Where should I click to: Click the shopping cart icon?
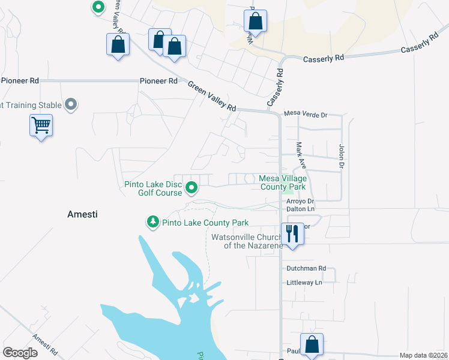pos(41,126)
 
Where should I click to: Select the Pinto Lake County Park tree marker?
pos(153,223)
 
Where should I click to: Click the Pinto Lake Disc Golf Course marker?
pos(191,188)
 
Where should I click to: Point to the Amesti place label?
pos(82,214)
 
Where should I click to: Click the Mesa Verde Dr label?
pos(305,114)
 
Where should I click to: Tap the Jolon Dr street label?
pos(342,155)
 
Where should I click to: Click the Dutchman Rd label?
pos(306,268)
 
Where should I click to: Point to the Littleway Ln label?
pos(304,282)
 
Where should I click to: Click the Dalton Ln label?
pos(301,209)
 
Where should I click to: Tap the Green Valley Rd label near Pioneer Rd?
pos(212,96)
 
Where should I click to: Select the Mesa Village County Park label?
pos(283,182)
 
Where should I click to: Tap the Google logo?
pos(20,353)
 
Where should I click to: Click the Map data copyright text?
pos(423,355)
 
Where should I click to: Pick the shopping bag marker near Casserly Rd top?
pos(256,21)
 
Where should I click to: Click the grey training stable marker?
pos(71,105)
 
